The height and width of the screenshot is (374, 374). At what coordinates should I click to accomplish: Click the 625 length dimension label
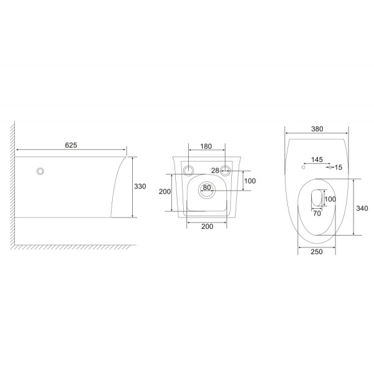tap(71, 145)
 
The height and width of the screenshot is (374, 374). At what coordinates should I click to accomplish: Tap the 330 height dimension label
tap(140, 186)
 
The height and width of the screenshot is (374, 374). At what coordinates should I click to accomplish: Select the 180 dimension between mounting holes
tap(206, 146)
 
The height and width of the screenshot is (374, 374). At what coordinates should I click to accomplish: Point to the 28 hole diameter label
tap(215, 170)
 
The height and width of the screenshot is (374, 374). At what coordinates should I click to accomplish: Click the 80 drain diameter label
tap(206, 188)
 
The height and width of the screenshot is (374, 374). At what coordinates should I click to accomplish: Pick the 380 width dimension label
tap(317, 129)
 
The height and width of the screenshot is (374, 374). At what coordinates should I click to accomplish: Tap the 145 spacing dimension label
tap(317, 160)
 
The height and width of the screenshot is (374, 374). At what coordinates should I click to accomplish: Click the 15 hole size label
tap(338, 167)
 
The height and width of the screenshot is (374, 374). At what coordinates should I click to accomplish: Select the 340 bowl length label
tap(362, 208)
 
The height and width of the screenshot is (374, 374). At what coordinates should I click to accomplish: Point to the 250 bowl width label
tap(317, 252)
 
